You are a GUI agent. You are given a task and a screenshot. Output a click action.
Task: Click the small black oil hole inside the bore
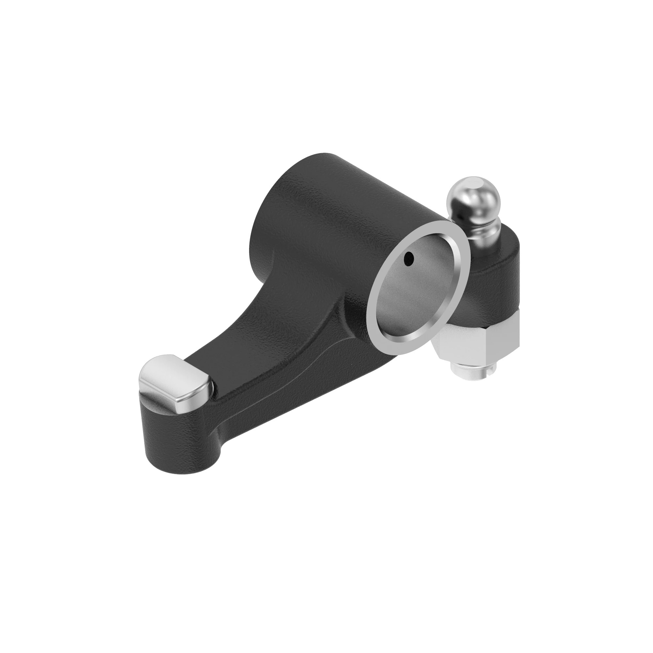click(409, 259)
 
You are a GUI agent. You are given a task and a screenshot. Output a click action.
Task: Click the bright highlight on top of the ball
click(473, 184)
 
